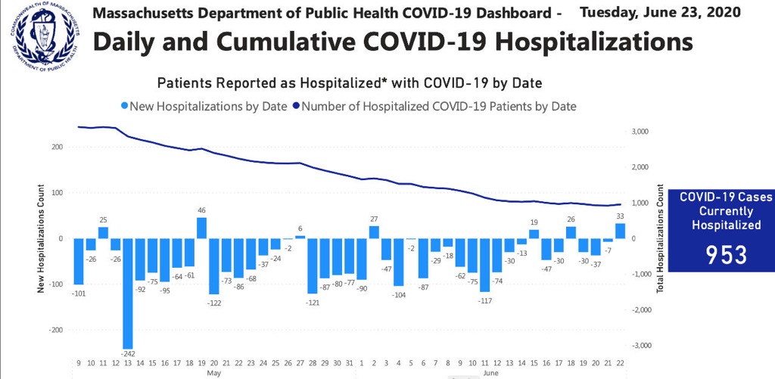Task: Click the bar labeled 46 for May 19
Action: click(x=201, y=228)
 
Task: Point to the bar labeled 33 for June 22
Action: click(x=620, y=231)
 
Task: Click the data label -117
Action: click(x=485, y=300)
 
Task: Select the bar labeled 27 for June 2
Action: click(x=374, y=231)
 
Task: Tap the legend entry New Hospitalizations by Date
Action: click(x=204, y=107)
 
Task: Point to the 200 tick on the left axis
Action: click(x=57, y=147)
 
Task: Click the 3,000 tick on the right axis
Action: click(x=640, y=132)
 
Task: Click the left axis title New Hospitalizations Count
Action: click(x=39, y=238)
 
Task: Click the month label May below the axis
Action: click(x=214, y=373)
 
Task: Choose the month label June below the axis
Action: click(x=490, y=373)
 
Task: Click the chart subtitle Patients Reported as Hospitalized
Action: click(x=349, y=82)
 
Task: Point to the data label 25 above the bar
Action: click(x=103, y=220)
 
